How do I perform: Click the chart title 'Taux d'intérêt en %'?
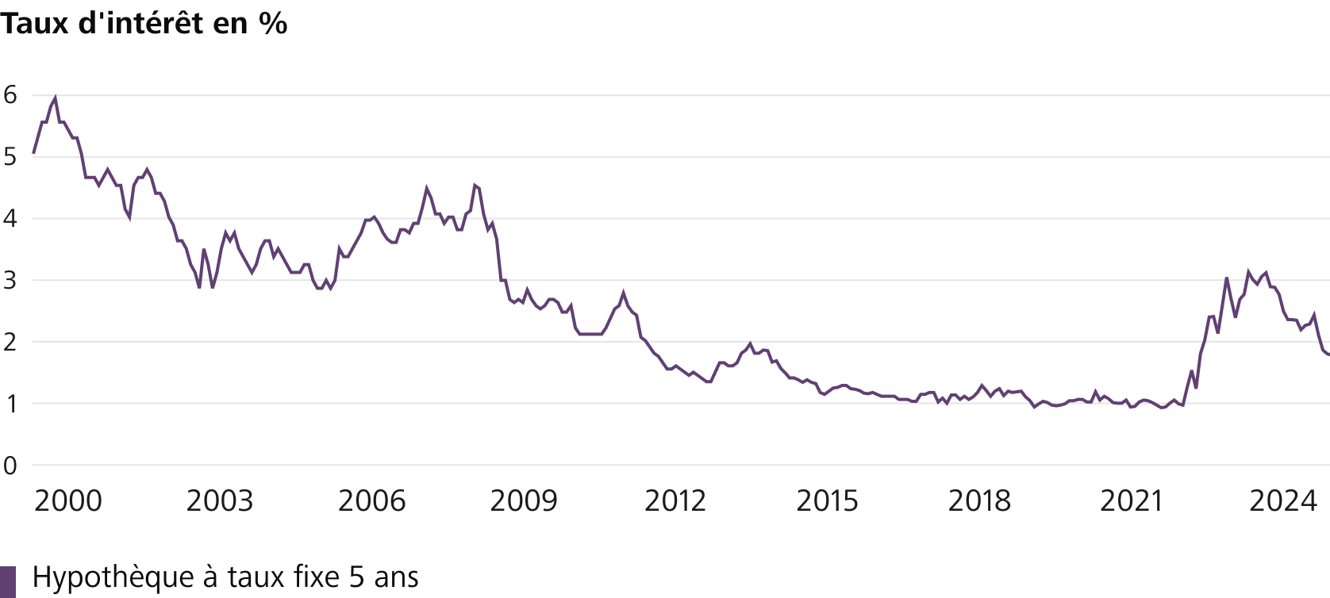[x=144, y=24]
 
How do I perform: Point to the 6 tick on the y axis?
[x=10, y=95]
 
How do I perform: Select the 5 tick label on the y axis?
[x=10, y=157]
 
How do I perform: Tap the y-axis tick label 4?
[x=10, y=219]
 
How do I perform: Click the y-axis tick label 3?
[x=10, y=281]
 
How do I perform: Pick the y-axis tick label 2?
[x=10, y=343]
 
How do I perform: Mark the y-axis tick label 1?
[x=10, y=404]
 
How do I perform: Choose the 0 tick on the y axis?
[x=10, y=466]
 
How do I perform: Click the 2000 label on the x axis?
[x=68, y=501]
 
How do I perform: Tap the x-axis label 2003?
[x=220, y=501]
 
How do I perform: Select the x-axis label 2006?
[x=371, y=501]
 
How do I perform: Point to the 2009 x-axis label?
[x=524, y=501]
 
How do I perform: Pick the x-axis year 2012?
[x=675, y=501]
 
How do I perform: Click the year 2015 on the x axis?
[x=827, y=501]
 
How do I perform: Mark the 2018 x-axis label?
[x=979, y=501]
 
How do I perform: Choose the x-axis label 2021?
[x=1131, y=501]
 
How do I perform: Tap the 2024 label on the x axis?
[x=1283, y=501]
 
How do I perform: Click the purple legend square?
[x=8, y=582]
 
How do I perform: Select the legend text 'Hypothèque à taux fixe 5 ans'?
[x=225, y=577]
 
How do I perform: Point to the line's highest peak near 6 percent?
[x=56, y=98]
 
